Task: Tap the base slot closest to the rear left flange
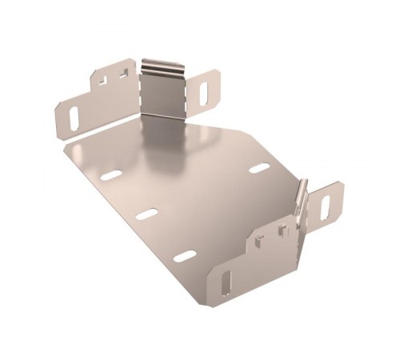pos(112,174)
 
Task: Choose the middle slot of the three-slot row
pos(147,214)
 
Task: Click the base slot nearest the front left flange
pos(185,256)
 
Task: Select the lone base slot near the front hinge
pos(258,169)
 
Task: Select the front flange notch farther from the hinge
pos(258,238)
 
